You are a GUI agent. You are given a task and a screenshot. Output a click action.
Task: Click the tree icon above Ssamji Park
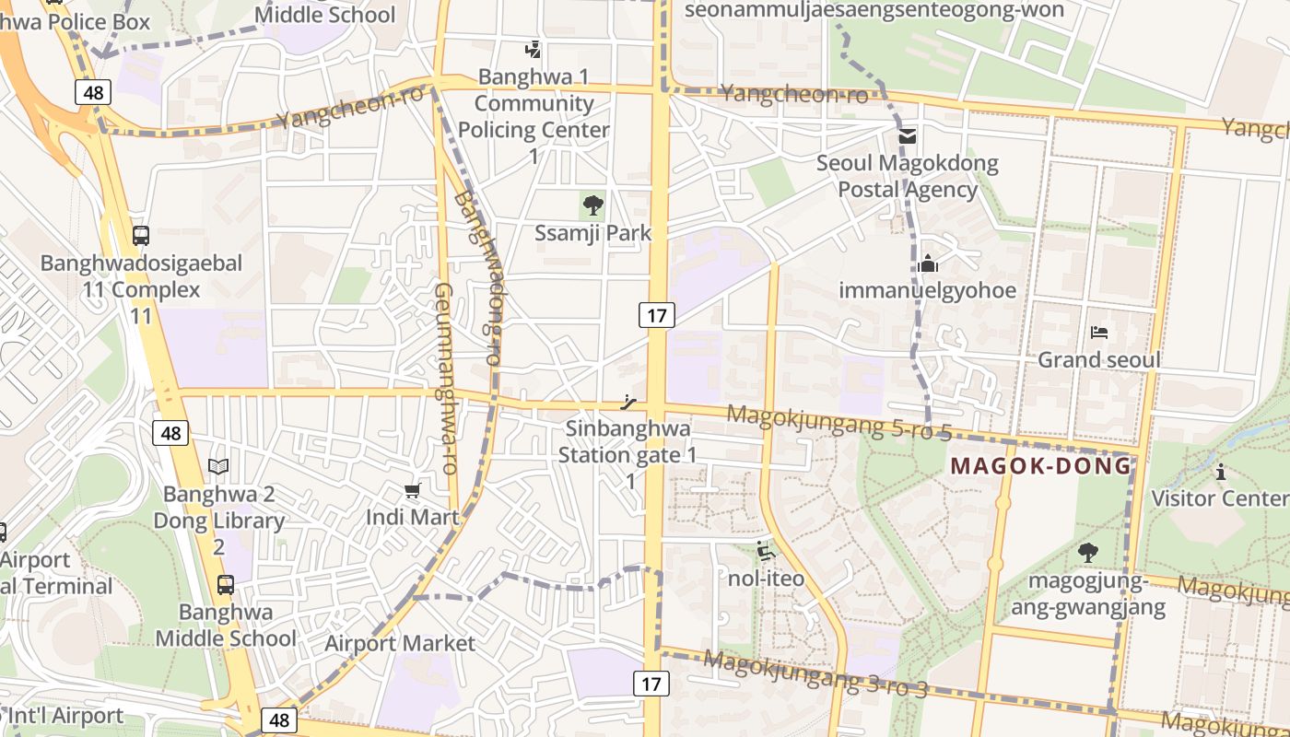593,205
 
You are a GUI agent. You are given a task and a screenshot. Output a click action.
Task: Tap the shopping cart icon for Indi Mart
412,490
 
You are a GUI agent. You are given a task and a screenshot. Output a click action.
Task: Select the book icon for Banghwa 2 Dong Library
218,467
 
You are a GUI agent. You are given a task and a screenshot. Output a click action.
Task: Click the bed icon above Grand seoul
1098,333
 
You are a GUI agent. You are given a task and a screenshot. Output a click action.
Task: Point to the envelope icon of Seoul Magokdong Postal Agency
908,136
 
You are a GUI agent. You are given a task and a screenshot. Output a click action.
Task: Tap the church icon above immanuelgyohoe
927,264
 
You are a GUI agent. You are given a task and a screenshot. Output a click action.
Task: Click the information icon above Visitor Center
1221,472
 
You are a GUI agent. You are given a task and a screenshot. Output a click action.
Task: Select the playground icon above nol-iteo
766,552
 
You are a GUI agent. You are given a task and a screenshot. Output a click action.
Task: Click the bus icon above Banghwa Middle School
225,584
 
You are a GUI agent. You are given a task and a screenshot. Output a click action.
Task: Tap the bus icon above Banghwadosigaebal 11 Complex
140,235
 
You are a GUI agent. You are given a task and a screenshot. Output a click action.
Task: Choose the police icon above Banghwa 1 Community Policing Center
533,49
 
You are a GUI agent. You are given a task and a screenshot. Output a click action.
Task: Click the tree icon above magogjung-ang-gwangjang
1087,553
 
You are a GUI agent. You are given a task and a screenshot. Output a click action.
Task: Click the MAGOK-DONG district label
1040,466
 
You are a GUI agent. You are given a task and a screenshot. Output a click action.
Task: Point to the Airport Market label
400,643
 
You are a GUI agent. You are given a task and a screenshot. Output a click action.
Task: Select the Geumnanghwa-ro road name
446,379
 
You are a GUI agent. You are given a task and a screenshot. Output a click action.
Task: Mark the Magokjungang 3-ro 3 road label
815,674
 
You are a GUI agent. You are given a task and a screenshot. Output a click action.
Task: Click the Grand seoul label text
1099,359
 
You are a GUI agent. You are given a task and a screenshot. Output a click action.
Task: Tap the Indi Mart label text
412,517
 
